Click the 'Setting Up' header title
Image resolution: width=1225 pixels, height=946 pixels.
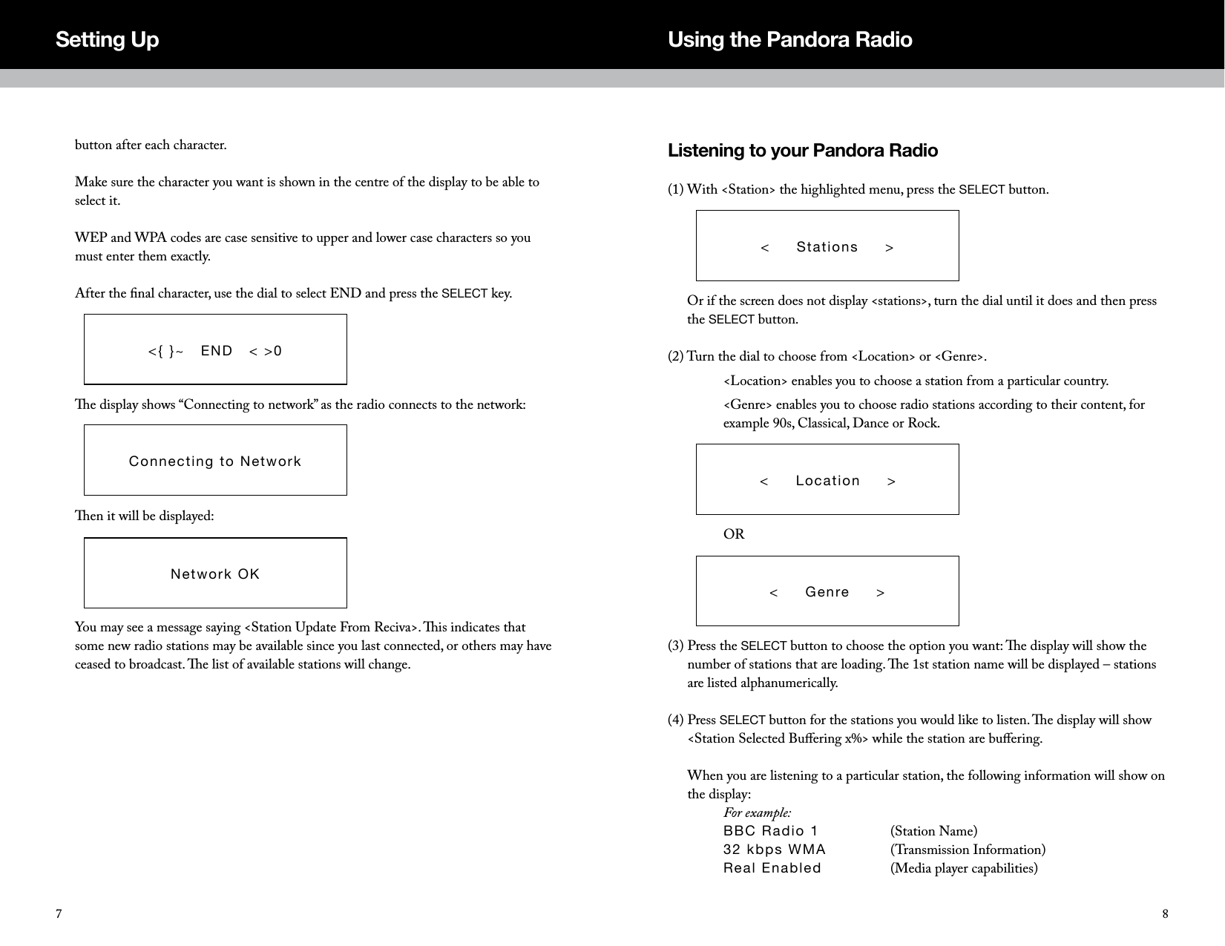pos(107,39)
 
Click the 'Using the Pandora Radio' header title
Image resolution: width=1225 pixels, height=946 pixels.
pos(789,39)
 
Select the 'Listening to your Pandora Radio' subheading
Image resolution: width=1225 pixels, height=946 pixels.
pos(802,151)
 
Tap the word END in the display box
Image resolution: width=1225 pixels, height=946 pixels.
pos(217,351)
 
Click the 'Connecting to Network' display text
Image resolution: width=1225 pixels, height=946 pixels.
pos(215,461)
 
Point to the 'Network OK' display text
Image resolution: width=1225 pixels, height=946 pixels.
pos(215,574)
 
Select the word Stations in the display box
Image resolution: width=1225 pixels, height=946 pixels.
pos(827,247)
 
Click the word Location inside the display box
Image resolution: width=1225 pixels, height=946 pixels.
pos(827,481)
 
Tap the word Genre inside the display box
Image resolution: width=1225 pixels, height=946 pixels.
pos(827,592)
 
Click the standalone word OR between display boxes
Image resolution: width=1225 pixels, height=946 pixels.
pos(733,535)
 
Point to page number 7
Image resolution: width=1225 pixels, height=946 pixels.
pos(58,913)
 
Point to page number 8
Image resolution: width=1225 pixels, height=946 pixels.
pos(1165,913)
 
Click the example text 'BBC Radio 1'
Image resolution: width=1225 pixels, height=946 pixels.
pos(770,831)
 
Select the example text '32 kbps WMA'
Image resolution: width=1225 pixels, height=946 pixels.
pos(774,850)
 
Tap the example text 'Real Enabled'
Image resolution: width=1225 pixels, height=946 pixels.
pos(772,868)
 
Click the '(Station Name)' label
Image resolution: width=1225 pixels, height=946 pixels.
pos(933,831)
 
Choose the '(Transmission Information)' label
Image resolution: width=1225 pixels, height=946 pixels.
pos(968,850)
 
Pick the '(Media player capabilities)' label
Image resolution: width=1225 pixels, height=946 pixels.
pos(963,868)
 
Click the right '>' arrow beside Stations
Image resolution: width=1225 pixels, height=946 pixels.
pos(889,247)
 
